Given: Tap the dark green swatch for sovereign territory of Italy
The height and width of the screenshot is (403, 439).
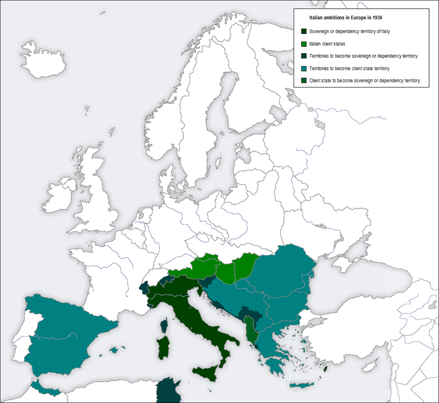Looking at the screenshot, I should (304, 31).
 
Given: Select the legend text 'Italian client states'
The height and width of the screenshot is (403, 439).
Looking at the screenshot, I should (327, 44).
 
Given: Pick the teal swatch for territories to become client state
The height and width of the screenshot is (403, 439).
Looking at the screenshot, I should (304, 69).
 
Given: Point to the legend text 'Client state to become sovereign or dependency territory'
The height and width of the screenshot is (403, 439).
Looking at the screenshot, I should (364, 81).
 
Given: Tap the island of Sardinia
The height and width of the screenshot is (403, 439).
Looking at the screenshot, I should (163, 348).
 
